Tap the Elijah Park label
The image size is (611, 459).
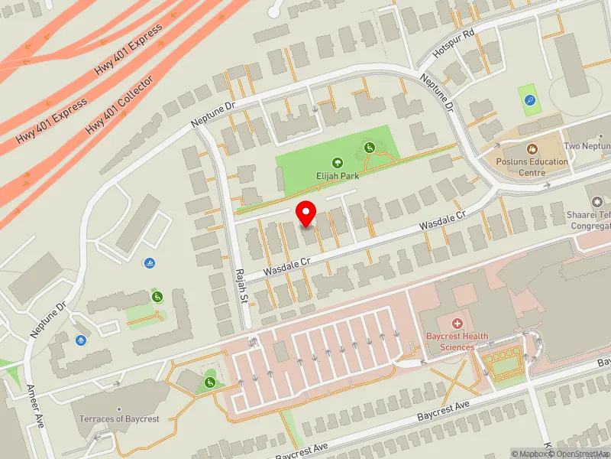[x=337, y=174]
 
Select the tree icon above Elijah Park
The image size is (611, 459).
[x=337, y=162]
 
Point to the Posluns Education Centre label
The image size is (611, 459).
[x=532, y=167]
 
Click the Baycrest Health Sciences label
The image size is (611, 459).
[x=457, y=342]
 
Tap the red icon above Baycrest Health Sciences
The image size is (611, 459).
[x=457, y=324]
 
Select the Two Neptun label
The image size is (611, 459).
[x=587, y=146]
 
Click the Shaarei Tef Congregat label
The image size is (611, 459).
[x=591, y=221]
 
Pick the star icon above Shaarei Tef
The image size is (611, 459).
[x=595, y=200]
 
